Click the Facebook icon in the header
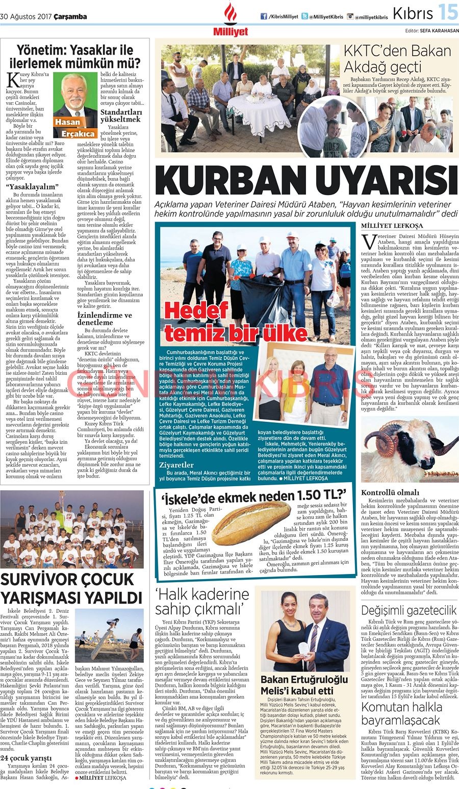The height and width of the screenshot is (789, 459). (x=264, y=16)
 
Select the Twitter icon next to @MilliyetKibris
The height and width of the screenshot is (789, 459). (x=304, y=16)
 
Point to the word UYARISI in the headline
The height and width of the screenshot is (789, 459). (x=386, y=181)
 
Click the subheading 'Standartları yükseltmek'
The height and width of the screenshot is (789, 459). (x=121, y=115)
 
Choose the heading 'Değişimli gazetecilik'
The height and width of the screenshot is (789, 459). (x=409, y=610)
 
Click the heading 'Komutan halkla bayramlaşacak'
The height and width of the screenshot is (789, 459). (x=401, y=713)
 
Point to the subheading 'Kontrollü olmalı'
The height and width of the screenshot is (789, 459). (x=383, y=492)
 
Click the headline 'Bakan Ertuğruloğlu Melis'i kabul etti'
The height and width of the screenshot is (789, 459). (x=304, y=685)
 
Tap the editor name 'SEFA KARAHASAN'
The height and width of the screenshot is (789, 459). (x=439, y=31)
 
